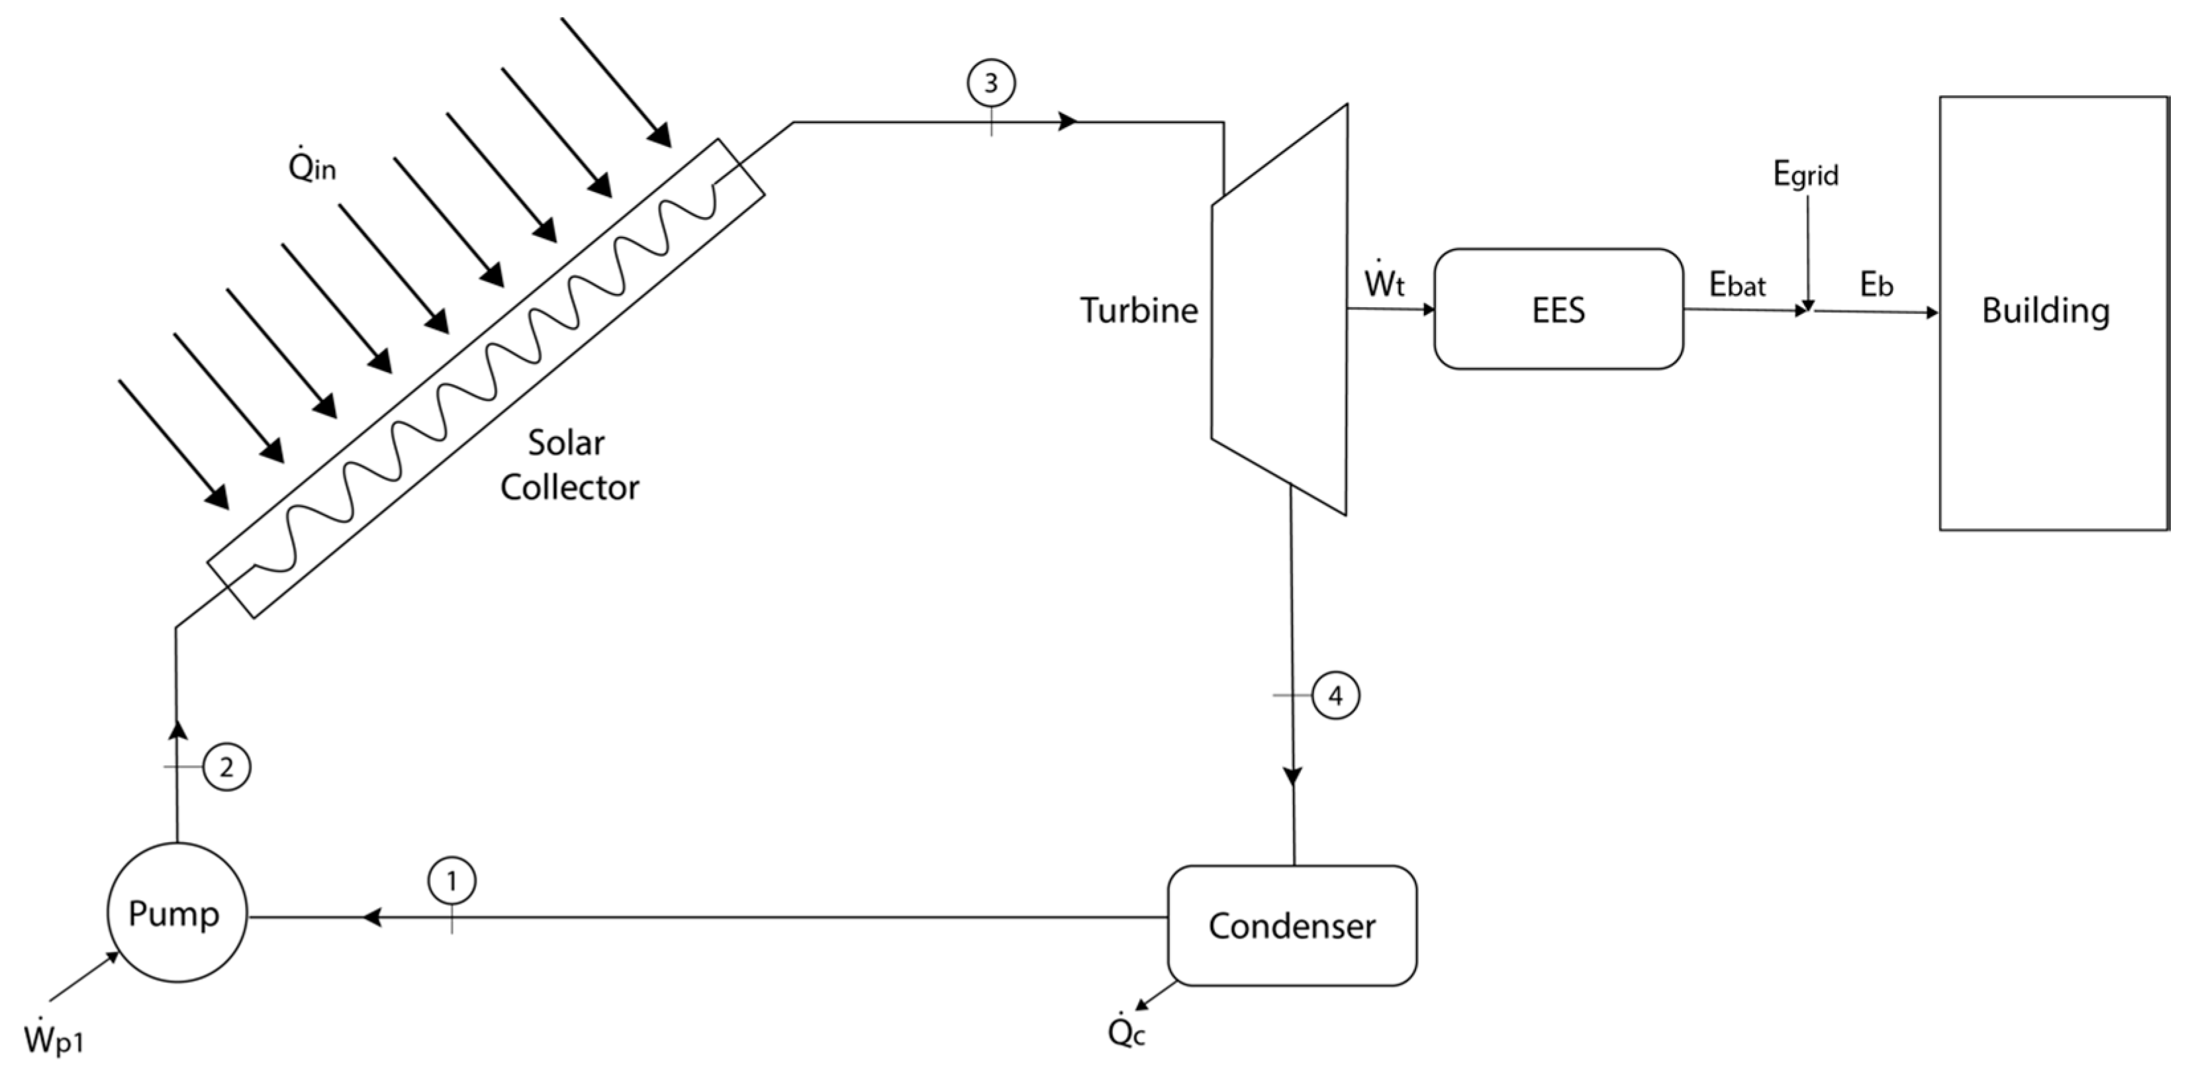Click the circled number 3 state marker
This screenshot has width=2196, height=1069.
tap(990, 83)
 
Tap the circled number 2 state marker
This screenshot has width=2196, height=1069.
tap(226, 767)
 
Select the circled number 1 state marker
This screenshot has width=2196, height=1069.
tap(452, 880)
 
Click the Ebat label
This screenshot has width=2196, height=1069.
tap(1737, 285)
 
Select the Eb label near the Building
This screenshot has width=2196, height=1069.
tap(1876, 285)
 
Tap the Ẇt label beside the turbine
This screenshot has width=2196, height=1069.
tap(1384, 279)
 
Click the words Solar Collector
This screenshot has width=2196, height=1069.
tap(569, 465)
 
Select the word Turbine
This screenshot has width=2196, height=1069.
tap(1139, 310)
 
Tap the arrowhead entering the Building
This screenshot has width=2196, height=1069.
tap(1932, 313)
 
